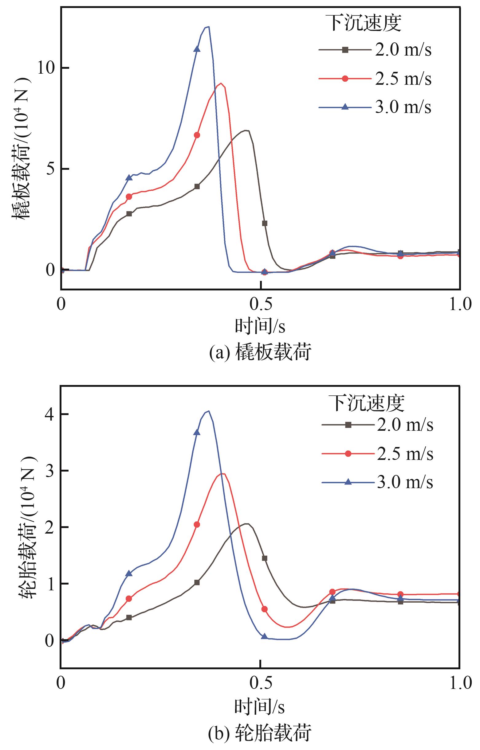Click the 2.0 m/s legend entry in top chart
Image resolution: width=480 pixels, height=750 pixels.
pos(375,50)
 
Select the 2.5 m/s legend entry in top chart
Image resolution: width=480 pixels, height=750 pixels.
pos(375,79)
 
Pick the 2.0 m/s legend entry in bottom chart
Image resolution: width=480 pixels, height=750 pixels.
pos(377,425)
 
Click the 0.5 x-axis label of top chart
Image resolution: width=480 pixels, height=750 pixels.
pos(260,304)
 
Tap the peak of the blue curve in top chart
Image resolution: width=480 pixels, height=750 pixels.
pos(208,27)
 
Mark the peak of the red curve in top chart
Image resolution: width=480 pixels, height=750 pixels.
pos(221,83)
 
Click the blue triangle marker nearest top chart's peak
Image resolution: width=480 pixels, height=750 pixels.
pos(197,49)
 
